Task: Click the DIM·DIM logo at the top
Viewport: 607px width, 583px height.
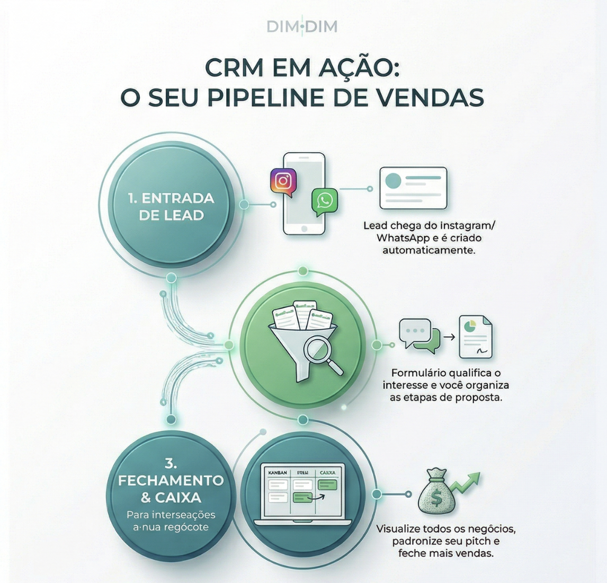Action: pos(302,26)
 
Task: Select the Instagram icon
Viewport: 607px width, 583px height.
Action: pos(283,181)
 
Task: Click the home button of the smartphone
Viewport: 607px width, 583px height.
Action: pos(304,228)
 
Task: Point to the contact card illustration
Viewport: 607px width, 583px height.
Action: pos(413,188)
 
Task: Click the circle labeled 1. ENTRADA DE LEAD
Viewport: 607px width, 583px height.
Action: pos(171,206)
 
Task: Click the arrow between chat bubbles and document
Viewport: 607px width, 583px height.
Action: pos(449,337)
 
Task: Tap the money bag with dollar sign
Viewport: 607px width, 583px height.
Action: pos(436,492)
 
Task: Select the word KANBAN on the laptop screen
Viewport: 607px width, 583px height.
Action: pos(278,472)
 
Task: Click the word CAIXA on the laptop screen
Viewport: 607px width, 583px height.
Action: pos(327,472)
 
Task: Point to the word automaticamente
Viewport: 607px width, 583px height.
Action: pos(429,250)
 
